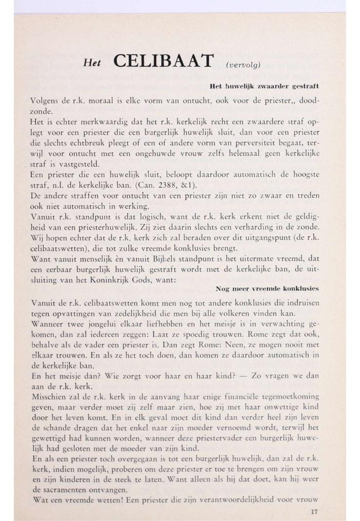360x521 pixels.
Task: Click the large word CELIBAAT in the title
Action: click(x=163, y=61)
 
